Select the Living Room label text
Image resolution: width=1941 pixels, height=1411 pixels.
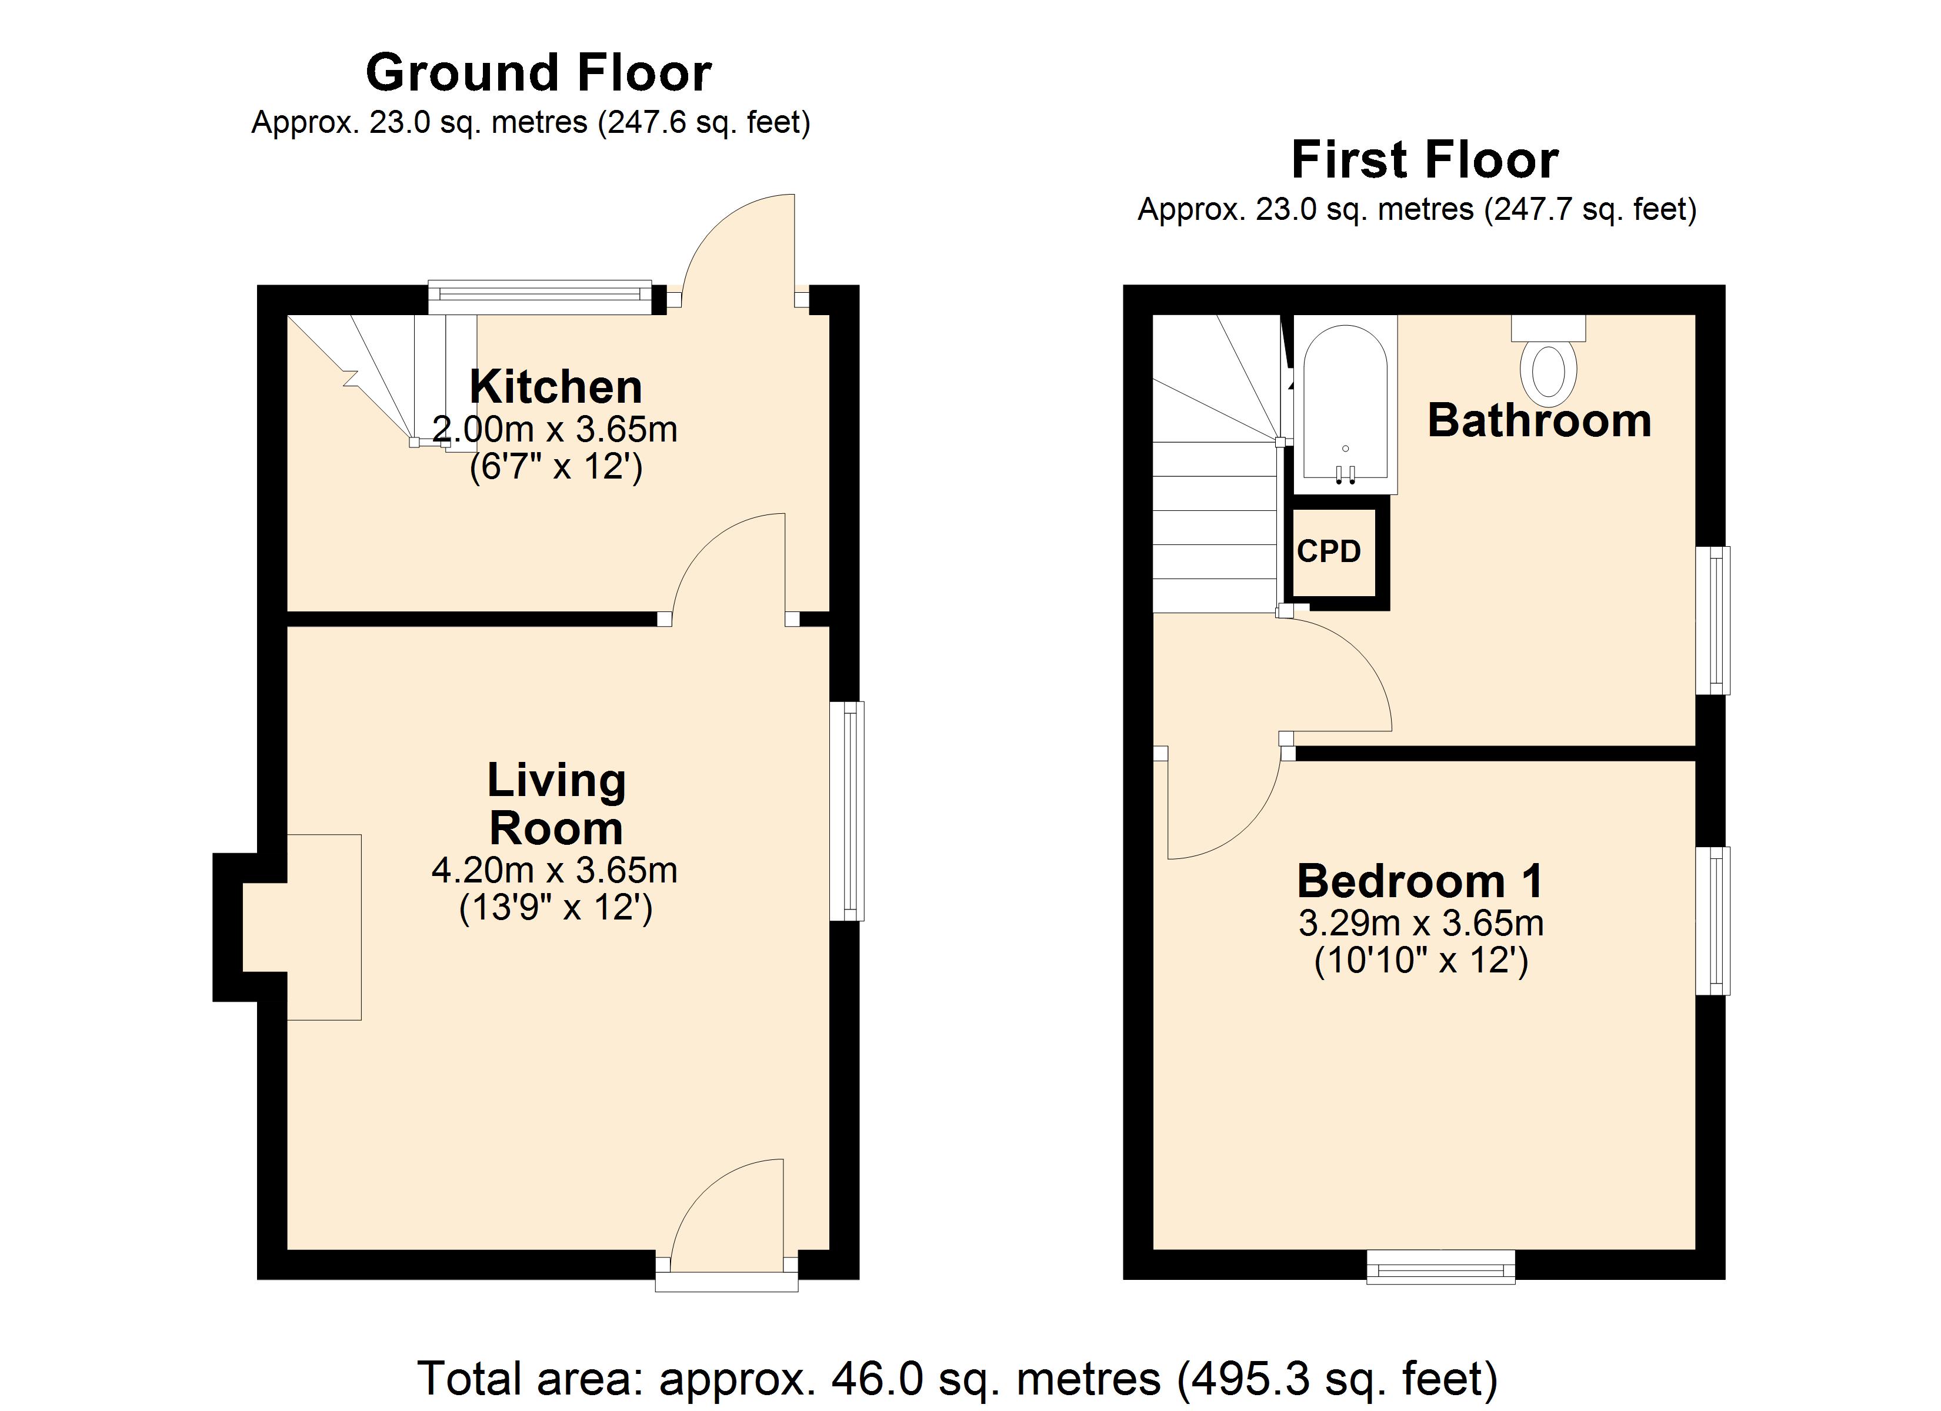[x=556, y=804]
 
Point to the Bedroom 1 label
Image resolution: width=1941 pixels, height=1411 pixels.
[x=1420, y=881]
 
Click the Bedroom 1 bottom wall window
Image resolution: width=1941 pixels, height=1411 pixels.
[x=1440, y=1267]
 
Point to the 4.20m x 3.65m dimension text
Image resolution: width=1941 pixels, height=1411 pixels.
[x=555, y=870]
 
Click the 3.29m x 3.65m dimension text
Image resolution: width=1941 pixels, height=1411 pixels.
[x=1420, y=923]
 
